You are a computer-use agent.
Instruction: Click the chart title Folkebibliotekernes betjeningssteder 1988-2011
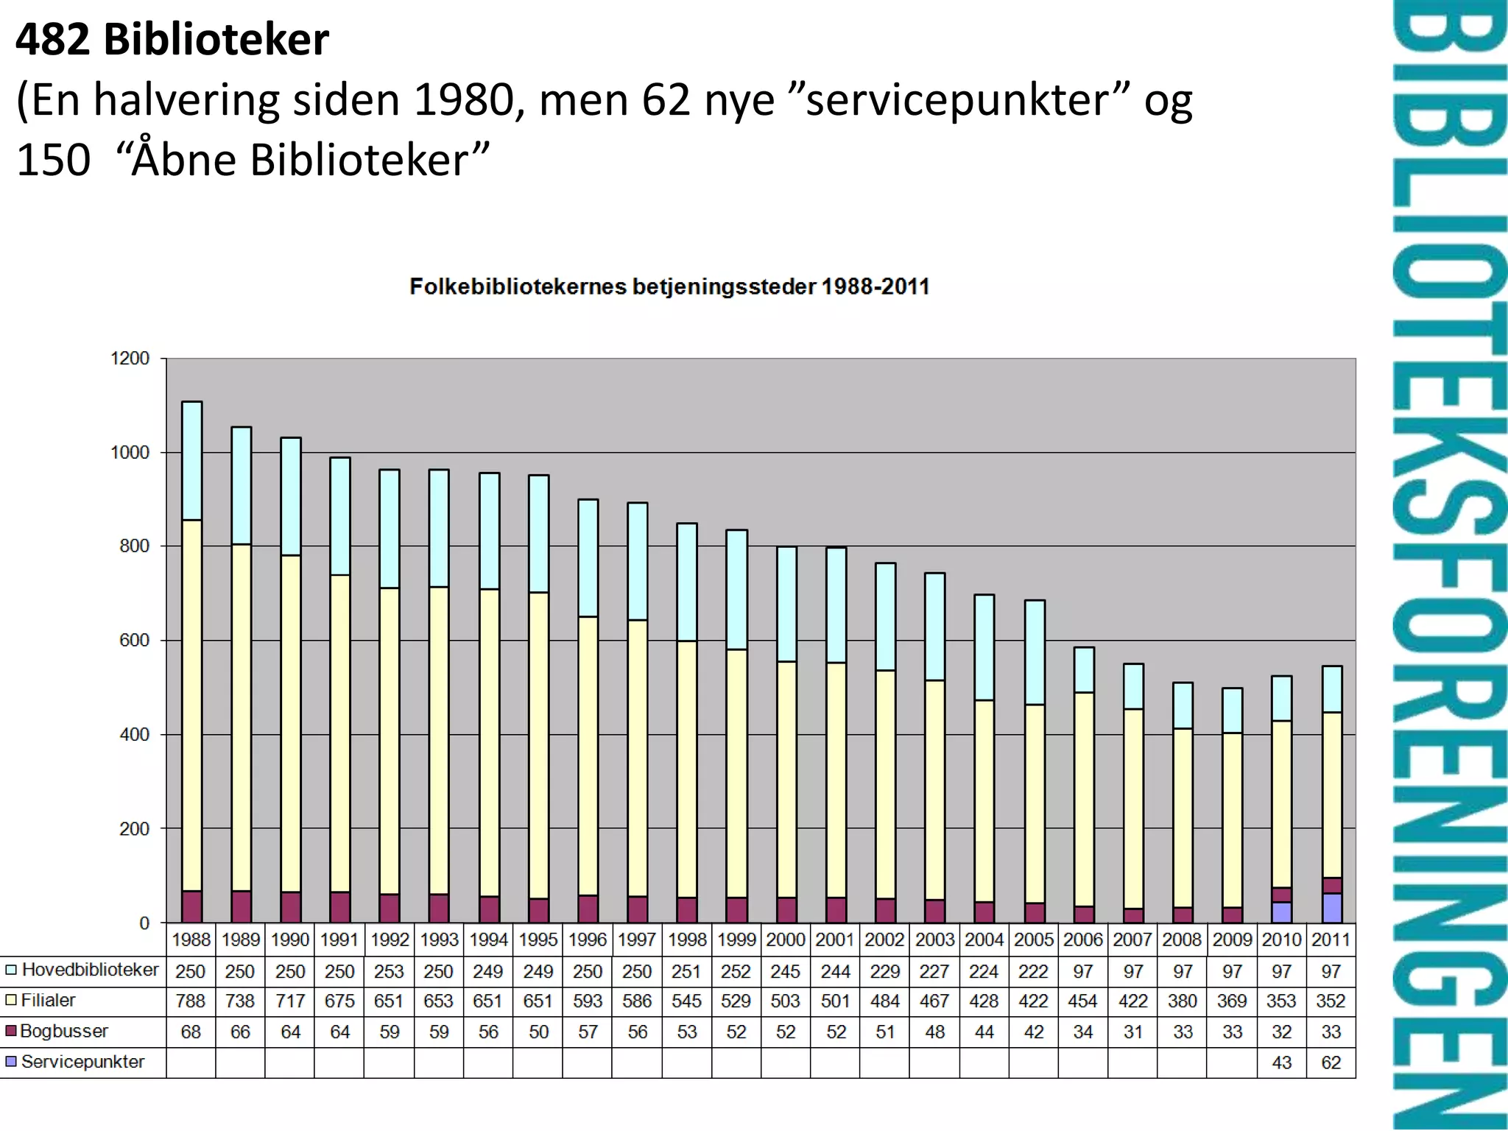tap(669, 286)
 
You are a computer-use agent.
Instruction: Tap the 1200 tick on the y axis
tap(130, 359)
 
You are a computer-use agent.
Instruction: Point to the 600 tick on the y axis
tap(133, 641)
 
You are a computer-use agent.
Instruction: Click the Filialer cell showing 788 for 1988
tap(191, 1001)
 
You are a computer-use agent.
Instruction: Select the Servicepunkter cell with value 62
tap(1331, 1063)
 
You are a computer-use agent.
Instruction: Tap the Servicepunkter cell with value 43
tap(1281, 1063)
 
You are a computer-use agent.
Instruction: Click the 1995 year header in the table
tap(538, 940)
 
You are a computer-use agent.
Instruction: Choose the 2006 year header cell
tap(1082, 940)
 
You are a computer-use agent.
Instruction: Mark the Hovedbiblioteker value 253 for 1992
tap(389, 971)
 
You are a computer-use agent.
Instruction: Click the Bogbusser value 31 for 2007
tap(1132, 1032)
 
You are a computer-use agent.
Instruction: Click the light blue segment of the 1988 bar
tap(191, 461)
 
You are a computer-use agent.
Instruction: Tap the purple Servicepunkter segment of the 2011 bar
tap(1332, 908)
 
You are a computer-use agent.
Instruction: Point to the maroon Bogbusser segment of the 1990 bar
tap(291, 907)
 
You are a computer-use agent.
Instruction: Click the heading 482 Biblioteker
tap(172, 40)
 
